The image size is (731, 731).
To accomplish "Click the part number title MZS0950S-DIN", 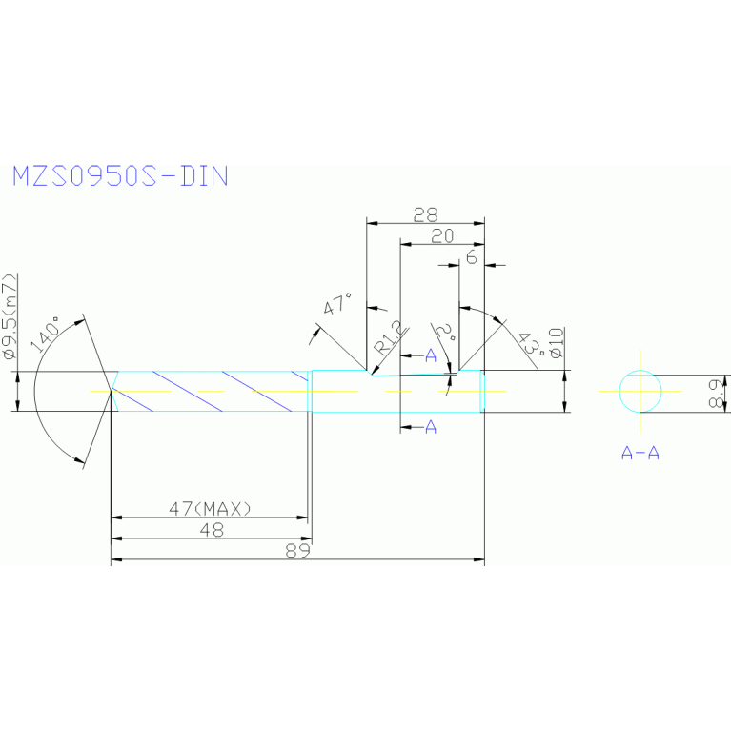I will (x=120, y=176).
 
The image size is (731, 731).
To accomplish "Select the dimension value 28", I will (x=426, y=213).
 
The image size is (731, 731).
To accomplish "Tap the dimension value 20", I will (x=442, y=236).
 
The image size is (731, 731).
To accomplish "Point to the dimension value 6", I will (x=471, y=257).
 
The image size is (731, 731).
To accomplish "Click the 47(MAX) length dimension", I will (x=210, y=508).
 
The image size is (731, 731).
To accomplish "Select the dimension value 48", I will (x=211, y=530).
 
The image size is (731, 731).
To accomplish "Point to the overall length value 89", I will (x=298, y=551).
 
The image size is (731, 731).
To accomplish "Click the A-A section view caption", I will (x=640, y=454).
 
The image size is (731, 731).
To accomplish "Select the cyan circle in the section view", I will (x=640, y=391).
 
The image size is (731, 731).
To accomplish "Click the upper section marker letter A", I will (x=431, y=355).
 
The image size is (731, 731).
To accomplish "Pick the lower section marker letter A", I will (x=431, y=427).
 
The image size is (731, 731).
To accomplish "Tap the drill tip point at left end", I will (x=112, y=391).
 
